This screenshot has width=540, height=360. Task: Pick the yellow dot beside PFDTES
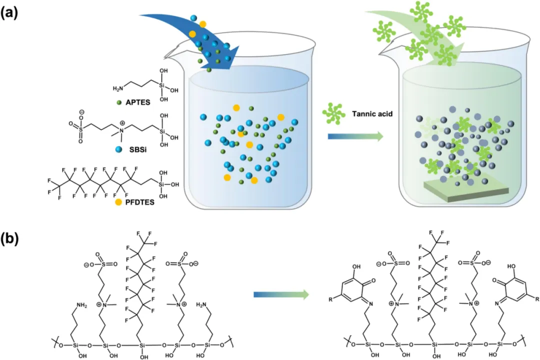[x=118, y=202]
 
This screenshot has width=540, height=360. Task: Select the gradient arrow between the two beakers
[x=355, y=136]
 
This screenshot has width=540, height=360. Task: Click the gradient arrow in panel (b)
[x=280, y=295]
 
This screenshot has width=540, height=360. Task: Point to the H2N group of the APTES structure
[x=118, y=88]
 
